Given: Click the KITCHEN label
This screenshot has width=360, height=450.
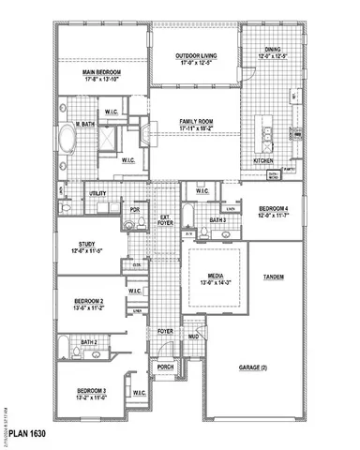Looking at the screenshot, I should click(263, 160).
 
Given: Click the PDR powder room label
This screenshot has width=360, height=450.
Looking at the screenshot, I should click(135, 209).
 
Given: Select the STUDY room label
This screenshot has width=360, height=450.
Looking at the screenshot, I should click(86, 246).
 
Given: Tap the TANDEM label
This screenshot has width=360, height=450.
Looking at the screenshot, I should click(274, 277).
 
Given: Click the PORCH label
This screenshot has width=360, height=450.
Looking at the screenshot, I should click(166, 367).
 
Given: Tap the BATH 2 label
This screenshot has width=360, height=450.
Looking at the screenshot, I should click(89, 342).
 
